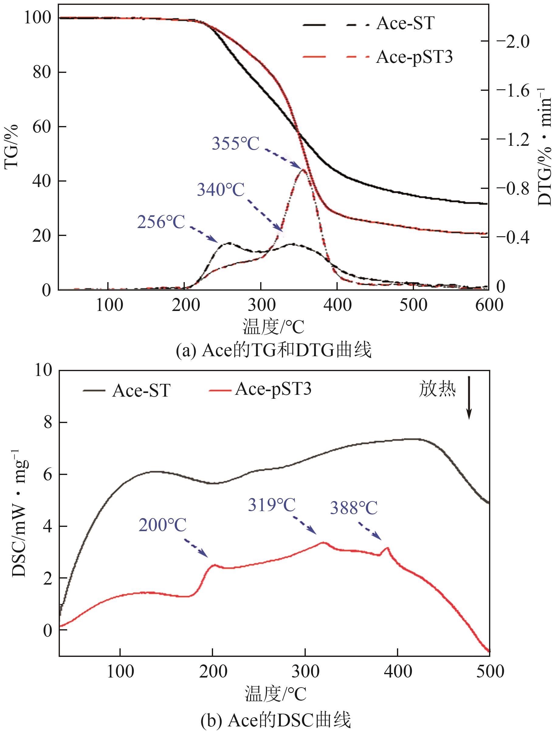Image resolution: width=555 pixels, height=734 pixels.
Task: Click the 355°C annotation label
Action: tap(235, 144)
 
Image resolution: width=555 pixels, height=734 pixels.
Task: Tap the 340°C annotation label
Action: tap(221, 190)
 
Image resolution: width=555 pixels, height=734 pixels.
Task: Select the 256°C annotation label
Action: tap(161, 222)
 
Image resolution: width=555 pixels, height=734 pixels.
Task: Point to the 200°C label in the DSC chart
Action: tap(162, 525)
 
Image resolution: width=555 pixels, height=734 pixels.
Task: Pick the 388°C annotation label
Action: tap(353, 508)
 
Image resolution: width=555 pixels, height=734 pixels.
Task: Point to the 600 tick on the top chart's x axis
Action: tap(488, 305)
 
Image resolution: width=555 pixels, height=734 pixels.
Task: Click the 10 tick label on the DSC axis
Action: tap(43, 370)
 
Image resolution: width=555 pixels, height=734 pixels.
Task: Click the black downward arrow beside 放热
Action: tap(469, 397)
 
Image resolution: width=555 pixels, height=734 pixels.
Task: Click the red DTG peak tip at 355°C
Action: tap(303, 170)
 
